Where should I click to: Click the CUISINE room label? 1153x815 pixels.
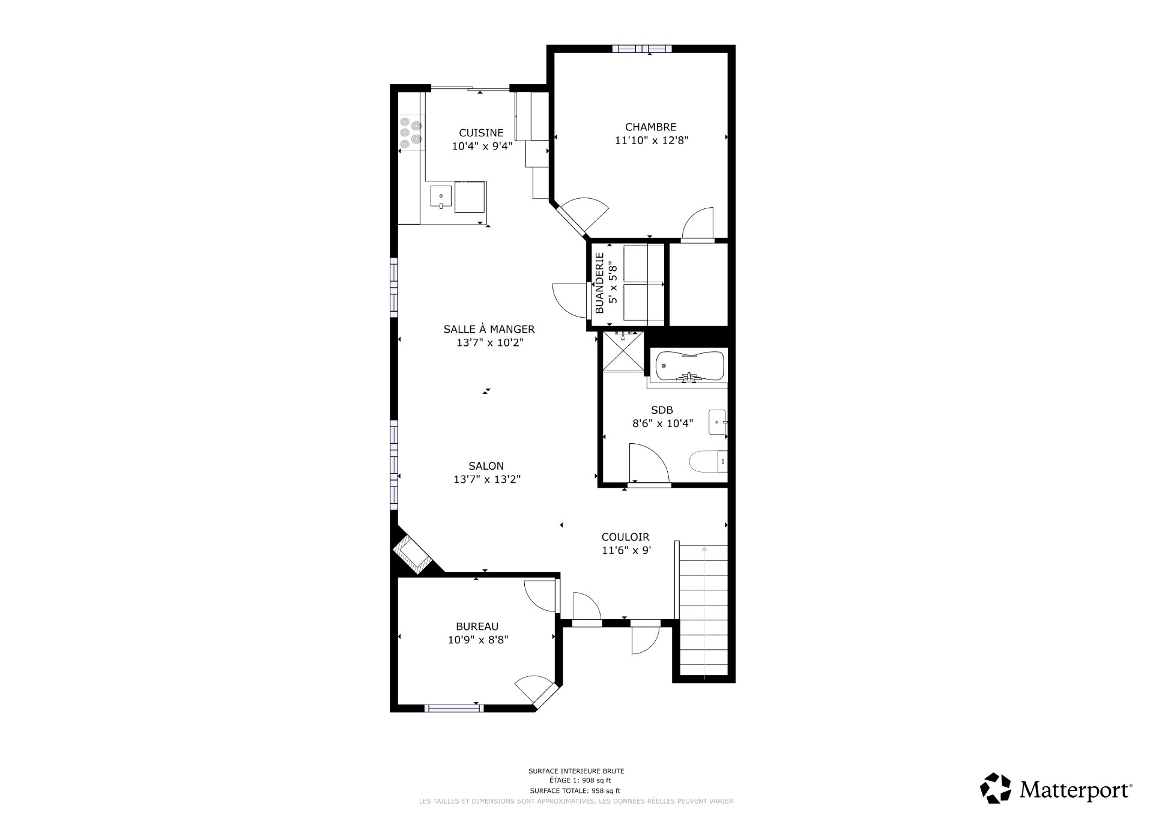481,133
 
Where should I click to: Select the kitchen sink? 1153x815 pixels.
441,196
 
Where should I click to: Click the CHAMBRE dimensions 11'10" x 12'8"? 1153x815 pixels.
651,141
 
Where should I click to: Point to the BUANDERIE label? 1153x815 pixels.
599,283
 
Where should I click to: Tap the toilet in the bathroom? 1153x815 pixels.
707,462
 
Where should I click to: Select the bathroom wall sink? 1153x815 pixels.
718,422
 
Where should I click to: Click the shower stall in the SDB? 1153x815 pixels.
623,351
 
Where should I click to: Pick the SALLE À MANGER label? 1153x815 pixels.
489,329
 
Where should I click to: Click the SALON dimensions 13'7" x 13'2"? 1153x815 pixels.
486,479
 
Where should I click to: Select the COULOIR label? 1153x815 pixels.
625,537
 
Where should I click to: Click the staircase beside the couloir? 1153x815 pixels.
704,613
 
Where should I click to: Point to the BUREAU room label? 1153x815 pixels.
477,626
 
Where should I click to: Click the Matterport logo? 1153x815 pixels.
1056,788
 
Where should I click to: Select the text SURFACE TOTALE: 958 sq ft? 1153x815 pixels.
575,791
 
